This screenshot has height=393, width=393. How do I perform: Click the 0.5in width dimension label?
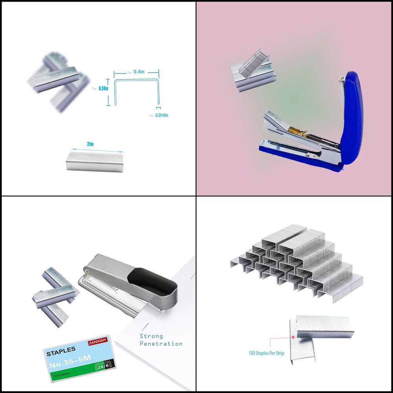pyautogui.click(x=138, y=72)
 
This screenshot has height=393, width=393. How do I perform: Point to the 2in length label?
pyautogui.click(x=90, y=144)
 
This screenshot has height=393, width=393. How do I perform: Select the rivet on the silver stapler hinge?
pyautogui.click(x=86, y=270)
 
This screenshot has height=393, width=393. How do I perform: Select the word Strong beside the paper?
pyautogui.click(x=151, y=336)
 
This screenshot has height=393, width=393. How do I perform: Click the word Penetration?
pyautogui.click(x=161, y=344)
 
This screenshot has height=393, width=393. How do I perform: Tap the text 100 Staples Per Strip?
pyautogui.click(x=266, y=353)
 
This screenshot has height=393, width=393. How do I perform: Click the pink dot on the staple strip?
pyautogui.click(x=293, y=337)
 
